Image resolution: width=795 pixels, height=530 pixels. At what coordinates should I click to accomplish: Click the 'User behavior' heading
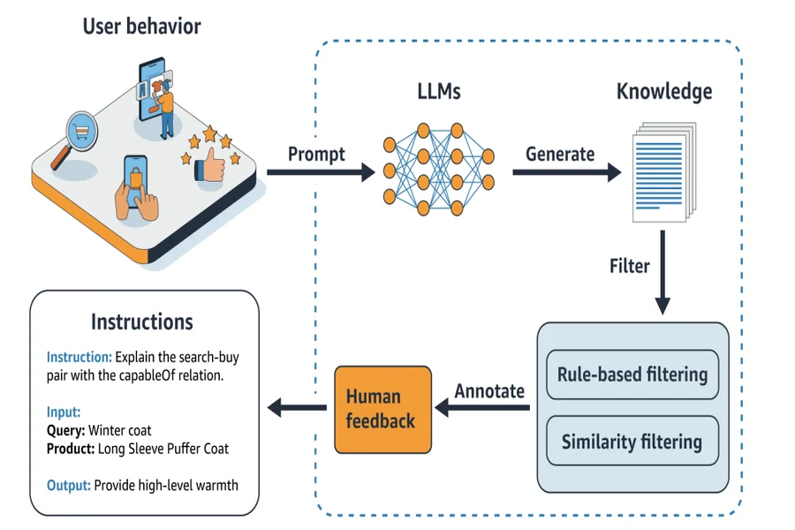click(x=142, y=26)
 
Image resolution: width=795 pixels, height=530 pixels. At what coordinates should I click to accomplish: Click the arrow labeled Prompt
click(x=321, y=172)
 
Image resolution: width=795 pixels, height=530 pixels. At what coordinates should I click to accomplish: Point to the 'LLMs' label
click(x=439, y=92)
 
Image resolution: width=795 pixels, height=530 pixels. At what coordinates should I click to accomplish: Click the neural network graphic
click(x=438, y=170)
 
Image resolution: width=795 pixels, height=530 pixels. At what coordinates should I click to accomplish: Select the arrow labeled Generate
click(x=567, y=172)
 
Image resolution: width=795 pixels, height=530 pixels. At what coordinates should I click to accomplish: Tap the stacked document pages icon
click(x=664, y=172)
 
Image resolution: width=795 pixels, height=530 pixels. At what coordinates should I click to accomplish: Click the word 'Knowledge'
click(x=664, y=92)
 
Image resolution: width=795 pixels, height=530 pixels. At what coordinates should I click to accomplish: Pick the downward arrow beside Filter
click(x=662, y=272)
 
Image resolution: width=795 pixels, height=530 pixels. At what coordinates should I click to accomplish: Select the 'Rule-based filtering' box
click(x=632, y=375)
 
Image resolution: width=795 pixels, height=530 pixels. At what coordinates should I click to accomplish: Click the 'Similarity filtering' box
click(x=632, y=442)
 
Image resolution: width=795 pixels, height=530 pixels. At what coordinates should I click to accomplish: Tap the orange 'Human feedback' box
click(x=382, y=409)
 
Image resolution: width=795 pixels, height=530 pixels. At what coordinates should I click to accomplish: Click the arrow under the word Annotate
click(x=482, y=407)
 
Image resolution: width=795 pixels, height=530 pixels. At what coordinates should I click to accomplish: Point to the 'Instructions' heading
click(x=142, y=322)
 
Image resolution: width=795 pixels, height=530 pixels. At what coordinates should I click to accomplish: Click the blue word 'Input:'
click(x=64, y=412)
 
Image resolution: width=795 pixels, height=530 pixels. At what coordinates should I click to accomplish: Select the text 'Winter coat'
click(x=119, y=430)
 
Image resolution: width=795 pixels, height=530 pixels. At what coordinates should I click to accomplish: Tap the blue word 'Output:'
click(x=68, y=485)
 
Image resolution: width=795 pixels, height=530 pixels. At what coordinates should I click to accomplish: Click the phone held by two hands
click(x=136, y=181)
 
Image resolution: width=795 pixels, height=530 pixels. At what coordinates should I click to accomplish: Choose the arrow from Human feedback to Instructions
click(x=297, y=407)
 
